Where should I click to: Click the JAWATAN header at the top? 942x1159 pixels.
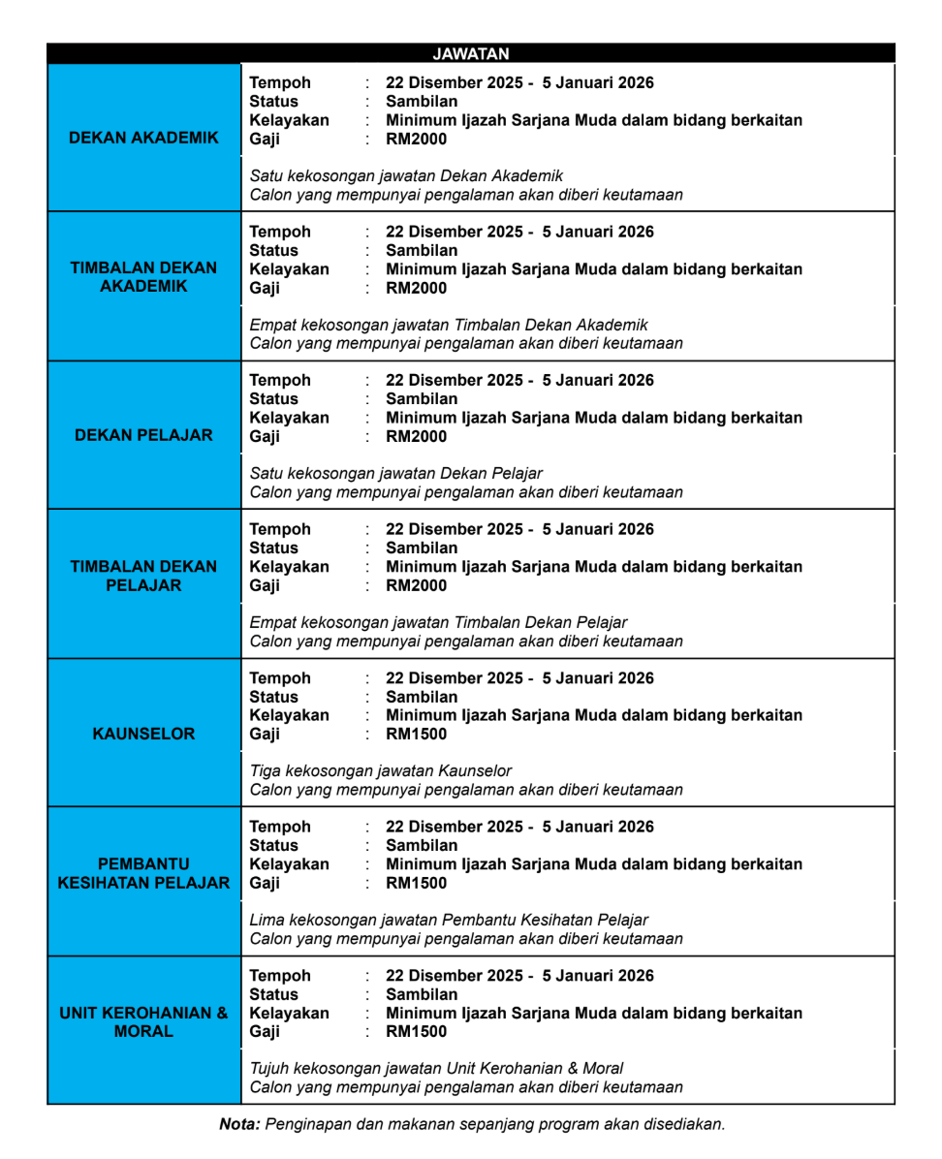click(x=470, y=54)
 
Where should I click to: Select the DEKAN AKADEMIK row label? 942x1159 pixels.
click(x=143, y=138)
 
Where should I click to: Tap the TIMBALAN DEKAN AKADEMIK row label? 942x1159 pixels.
click(x=143, y=277)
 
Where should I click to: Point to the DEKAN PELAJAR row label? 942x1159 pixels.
click(x=143, y=435)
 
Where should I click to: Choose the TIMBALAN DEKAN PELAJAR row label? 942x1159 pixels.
click(x=143, y=576)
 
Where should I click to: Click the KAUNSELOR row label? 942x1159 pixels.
click(x=143, y=734)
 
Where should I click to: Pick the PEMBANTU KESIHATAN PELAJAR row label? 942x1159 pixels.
click(x=143, y=873)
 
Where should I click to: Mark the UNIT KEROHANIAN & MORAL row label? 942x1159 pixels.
click(x=143, y=1022)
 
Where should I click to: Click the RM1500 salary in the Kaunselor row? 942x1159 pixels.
click(x=417, y=735)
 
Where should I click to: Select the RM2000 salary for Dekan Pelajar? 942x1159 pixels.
click(x=417, y=437)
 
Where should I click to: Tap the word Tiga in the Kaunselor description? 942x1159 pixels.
click(x=266, y=771)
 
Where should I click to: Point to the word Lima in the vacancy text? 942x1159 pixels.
click(x=267, y=920)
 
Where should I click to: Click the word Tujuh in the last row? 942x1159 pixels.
click(x=269, y=1069)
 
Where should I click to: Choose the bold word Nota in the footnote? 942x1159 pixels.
click(x=238, y=1125)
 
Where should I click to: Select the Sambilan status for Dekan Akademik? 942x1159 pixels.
click(x=422, y=102)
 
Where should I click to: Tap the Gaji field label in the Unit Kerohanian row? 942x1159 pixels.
click(x=265, y=1032)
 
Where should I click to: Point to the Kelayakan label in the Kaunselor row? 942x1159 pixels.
click(x=289, y=715)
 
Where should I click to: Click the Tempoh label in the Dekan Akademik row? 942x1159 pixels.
click(x=280, y=83)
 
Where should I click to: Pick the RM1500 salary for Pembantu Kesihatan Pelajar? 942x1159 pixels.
click(x=417, y=883)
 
